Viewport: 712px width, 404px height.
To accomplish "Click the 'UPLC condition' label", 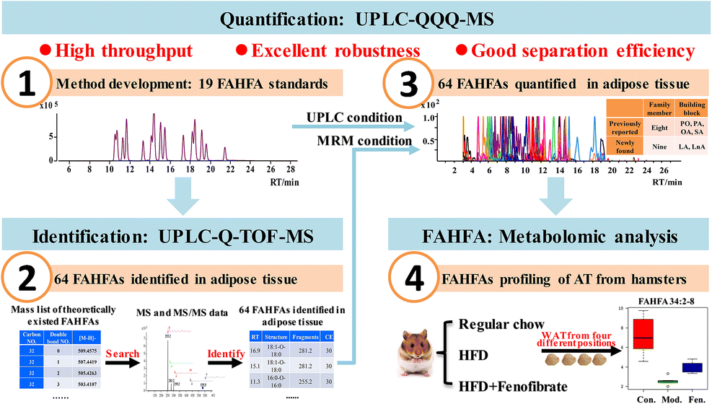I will point(353,117).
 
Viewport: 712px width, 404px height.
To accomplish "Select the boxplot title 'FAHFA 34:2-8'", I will point(656,299).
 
